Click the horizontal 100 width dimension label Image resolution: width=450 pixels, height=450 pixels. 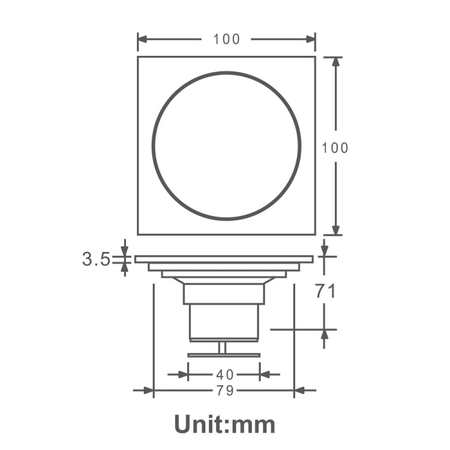[x=226, y=40]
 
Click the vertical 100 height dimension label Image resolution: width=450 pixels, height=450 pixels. [x=335, y=148]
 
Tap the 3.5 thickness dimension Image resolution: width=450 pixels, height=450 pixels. [x=96, y=259]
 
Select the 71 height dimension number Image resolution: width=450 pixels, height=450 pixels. [x=325, y=292]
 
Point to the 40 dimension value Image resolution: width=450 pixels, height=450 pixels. [x=225, y=374]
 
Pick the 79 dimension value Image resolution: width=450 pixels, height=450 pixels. [x=225, y=391]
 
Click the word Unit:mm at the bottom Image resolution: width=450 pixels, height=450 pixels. [x=225, y=424]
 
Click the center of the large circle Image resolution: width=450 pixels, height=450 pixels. [x=226, y=146]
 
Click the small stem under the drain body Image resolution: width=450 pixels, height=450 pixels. [x=223, y=347]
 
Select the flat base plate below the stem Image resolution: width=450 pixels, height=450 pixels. [x=224, y=355]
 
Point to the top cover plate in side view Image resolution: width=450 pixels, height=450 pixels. [x=224, y=259]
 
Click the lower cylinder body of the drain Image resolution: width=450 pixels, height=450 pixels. [x=224, y=322]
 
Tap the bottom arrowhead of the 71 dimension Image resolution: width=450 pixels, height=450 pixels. [x=325, y=334]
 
